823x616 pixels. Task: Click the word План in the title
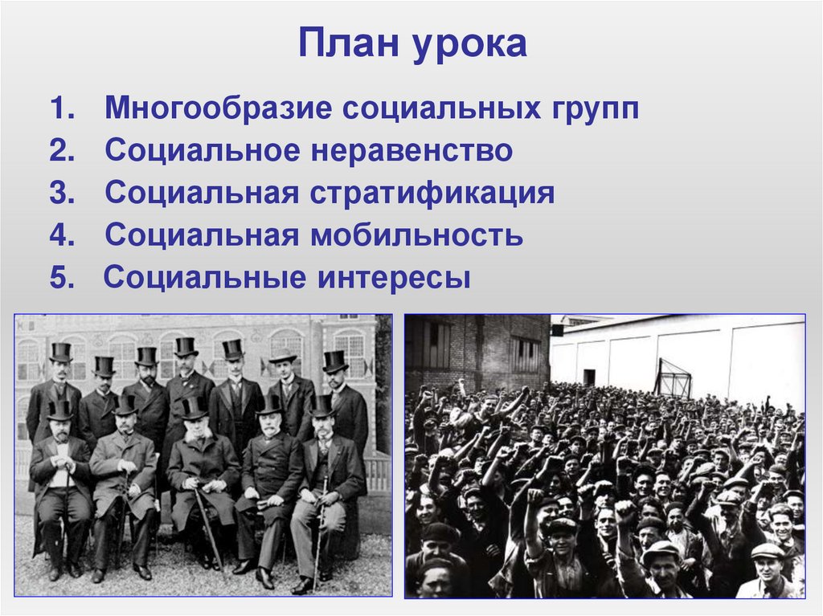coord(350,44)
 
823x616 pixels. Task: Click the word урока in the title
coord(471,46)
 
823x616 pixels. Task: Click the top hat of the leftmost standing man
coord(60,352)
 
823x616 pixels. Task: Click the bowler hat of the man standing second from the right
coord(283,357)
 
